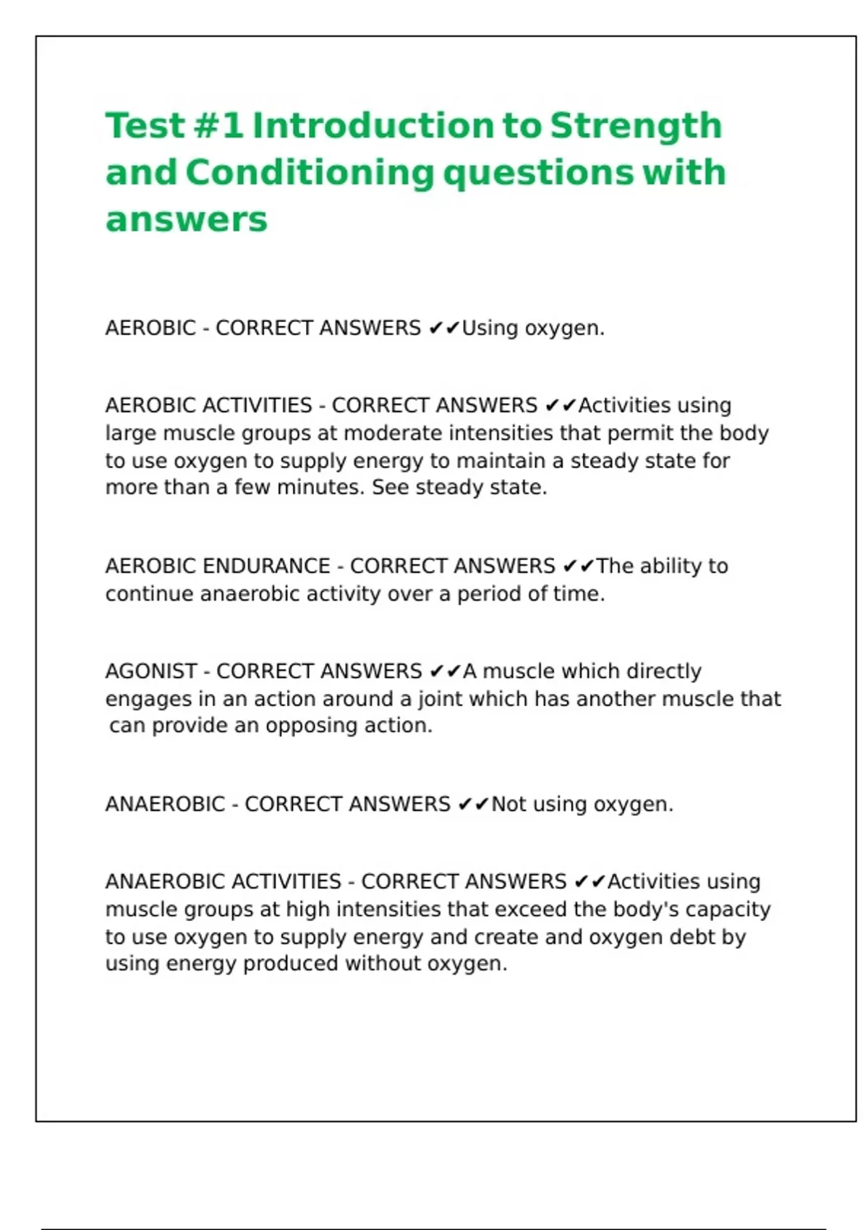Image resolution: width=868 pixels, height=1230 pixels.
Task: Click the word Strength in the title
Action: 636,127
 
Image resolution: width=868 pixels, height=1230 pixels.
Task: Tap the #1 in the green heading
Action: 218,126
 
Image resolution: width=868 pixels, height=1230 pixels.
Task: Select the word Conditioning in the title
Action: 310,173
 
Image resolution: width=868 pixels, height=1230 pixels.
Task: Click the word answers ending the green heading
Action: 186,219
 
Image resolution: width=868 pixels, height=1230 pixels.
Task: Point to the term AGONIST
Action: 151,671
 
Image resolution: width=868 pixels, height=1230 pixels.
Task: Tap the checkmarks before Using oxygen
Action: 443,328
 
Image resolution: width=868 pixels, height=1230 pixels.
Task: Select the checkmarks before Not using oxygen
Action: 473,805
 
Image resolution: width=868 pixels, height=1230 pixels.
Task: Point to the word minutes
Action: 320,488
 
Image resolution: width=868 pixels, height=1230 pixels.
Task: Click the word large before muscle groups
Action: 131,433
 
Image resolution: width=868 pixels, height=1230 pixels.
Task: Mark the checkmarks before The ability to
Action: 578,566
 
